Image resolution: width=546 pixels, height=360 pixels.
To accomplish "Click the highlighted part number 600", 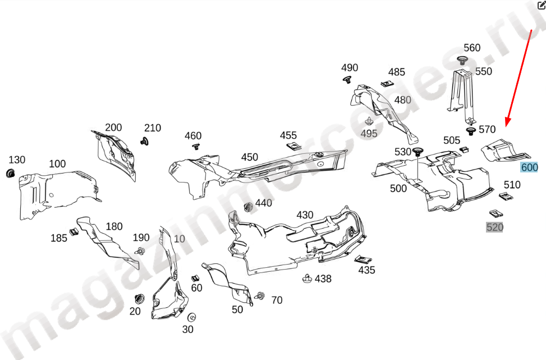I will click(529, 167).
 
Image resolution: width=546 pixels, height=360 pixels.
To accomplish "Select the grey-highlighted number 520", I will click(494, 227).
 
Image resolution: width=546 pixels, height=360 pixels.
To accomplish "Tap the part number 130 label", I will click(17, 160).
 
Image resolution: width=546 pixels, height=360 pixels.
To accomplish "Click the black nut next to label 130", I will click(10, 173).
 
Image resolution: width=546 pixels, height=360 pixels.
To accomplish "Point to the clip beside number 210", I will click(145, 140).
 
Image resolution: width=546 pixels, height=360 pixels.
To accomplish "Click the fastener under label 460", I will click(196, 147).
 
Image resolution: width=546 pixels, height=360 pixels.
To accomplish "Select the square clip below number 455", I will click(292, 146).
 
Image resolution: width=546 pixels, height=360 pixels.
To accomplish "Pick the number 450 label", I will click(250, 157).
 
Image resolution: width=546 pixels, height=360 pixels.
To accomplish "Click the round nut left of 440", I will click(248, 207).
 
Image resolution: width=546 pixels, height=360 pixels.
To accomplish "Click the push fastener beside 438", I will click(307, 279).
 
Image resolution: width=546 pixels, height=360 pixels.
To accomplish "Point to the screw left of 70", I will click(260, 296).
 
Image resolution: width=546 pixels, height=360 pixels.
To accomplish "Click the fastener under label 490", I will click(347, 79).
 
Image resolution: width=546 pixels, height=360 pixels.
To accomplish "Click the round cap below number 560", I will click(462, 60).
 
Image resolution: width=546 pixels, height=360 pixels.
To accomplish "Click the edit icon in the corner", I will click(541, 5).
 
